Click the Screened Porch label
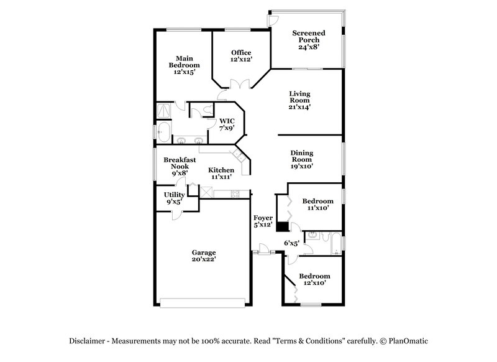(309, 39)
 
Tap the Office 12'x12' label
(241, 56)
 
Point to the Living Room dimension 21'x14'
(299, 107)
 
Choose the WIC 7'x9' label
(226, 124)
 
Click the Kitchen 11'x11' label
(221, 174)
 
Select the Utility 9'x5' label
(174, 198)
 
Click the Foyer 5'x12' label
(263, 220)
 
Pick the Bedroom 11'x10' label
(317, 205)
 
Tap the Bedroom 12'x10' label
(314, 279)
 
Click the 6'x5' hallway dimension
(291, 243)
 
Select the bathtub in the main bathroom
(163, 131)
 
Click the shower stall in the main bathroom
(165, 110)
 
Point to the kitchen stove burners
(235, 194)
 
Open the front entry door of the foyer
(264, 251)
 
